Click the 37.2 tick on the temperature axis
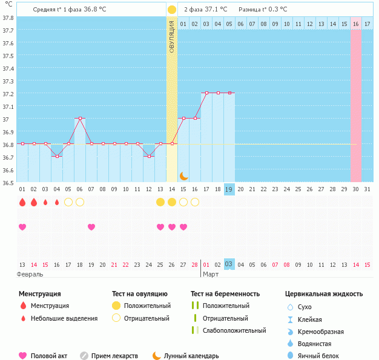coord(8,94)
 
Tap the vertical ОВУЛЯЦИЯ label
coord(172,36)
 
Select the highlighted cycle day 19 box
coord(229,189)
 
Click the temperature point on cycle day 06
coord(80,119)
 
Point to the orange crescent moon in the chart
coord(183,175)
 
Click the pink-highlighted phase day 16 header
coord(356,24)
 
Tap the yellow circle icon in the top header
coord(172,10)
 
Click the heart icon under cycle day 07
coord(91,227)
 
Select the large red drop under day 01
coord(22,202)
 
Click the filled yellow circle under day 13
coord(160,202)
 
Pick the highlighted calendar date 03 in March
coord(229,264)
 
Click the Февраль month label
coord(30,275)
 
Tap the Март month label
coord(211,275)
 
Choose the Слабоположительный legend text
coord(234,330)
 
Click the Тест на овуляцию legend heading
coord(141,294)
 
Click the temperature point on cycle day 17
coord(206,93)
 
